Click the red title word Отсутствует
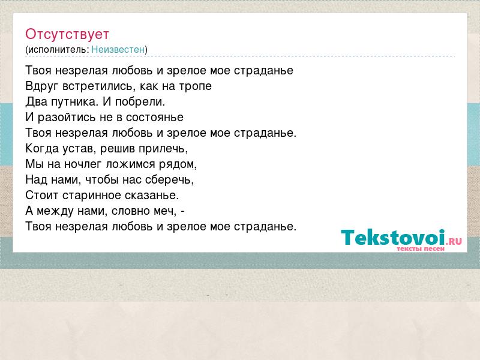pos(67,34)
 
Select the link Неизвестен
pos(118,49)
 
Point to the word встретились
pos(98,86)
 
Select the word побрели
pos(140,101)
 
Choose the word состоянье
pos(155,118)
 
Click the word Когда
pos(42,148)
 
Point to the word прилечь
pos(163,149)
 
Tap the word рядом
pos(178,164)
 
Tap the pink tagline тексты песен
pos(421,249)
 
